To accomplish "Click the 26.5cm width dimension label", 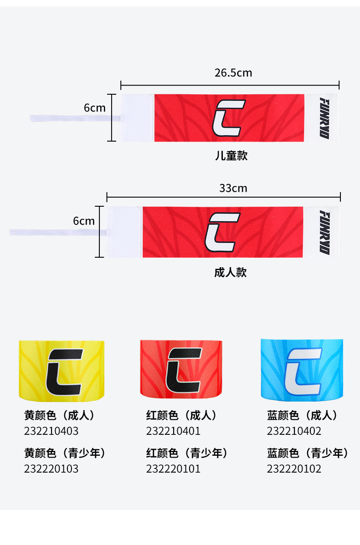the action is click(233, 73).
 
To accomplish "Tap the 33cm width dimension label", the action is click(233, 188).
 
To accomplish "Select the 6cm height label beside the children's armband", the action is click(94, 108).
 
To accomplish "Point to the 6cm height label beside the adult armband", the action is click(84, 221).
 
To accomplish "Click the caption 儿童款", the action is click(231, 156).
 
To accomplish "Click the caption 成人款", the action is click(230, 272).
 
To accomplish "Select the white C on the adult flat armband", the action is click(222, 232).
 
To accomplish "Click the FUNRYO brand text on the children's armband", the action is click(324, 117).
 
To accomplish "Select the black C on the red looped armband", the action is click(184, 370).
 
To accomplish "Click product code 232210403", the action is click(51, 431).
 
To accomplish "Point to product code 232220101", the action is click(173, 469).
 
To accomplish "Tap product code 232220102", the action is click(294, 469).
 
